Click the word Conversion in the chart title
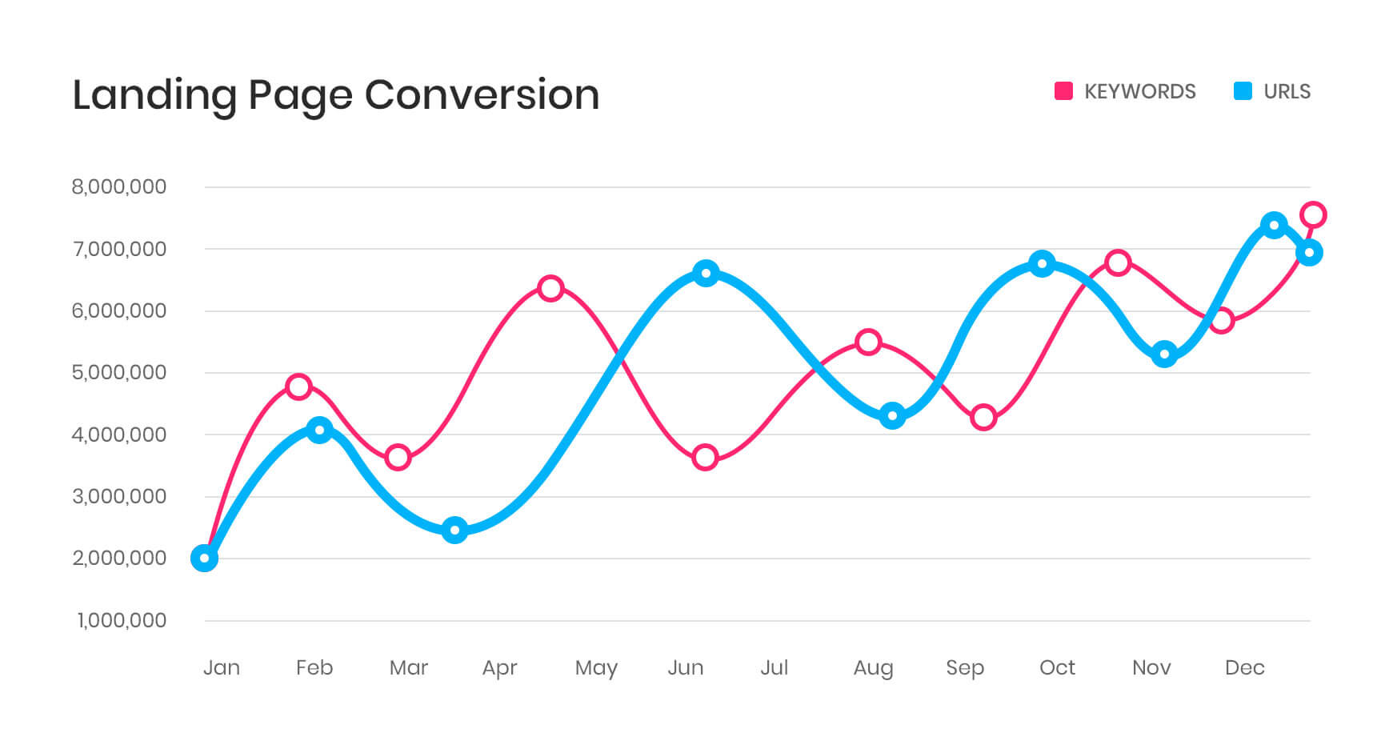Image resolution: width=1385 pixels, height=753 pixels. [482, 95]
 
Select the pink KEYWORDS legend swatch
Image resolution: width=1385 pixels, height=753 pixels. [1063, 91]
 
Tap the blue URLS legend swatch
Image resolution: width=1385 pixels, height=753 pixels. [1243, 91]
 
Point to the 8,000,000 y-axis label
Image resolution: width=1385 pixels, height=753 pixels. [119, 187]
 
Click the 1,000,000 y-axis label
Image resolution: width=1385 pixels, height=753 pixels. [122, 620]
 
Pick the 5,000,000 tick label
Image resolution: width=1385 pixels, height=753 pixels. [119, 373]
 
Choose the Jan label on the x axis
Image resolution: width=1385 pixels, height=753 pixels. [222, 667]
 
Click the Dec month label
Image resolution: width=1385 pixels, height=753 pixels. [1244, 667]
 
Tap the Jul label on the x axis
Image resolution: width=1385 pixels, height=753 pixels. [774, 667]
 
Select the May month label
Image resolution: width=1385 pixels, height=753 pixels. [596, 668]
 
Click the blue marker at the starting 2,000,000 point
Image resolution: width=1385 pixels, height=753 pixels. [205, 558]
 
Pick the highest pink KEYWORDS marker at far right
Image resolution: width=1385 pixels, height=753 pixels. [1313, 214]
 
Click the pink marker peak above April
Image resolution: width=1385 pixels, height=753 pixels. [550, 288]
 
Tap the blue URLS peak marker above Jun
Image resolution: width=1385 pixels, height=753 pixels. [706, 273]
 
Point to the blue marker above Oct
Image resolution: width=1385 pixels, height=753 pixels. [1042, 263]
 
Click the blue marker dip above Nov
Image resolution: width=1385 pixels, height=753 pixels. [1165, 354]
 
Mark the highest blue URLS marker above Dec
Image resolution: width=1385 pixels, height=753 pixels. [1274, 225]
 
